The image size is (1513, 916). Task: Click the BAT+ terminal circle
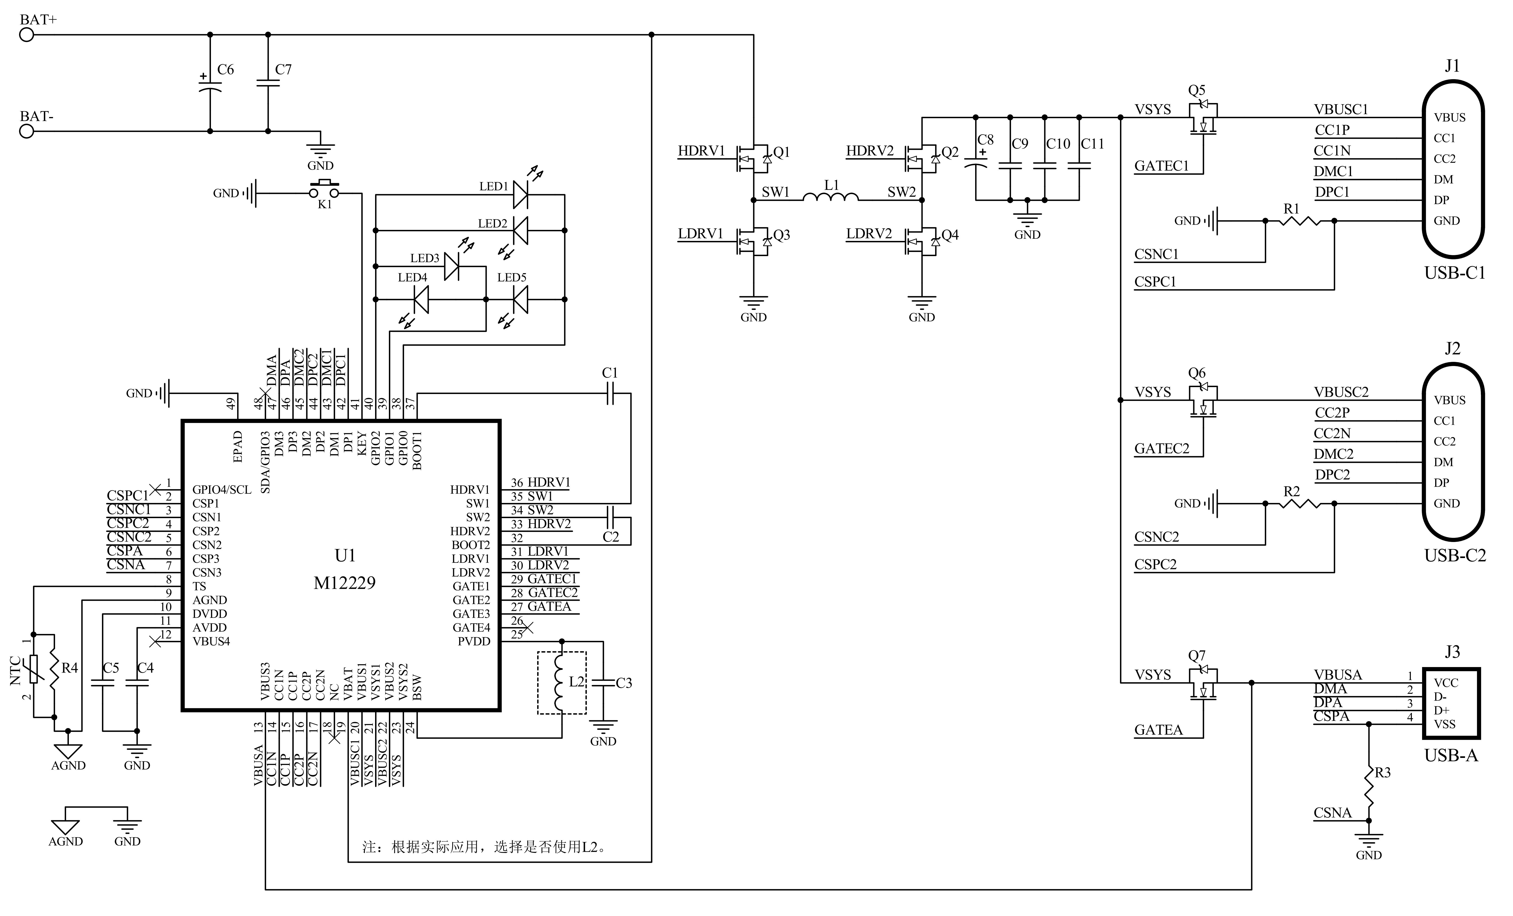26,35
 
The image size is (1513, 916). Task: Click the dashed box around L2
562,683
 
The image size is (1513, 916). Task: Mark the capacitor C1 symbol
610,394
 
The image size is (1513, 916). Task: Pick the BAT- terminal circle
26,131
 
